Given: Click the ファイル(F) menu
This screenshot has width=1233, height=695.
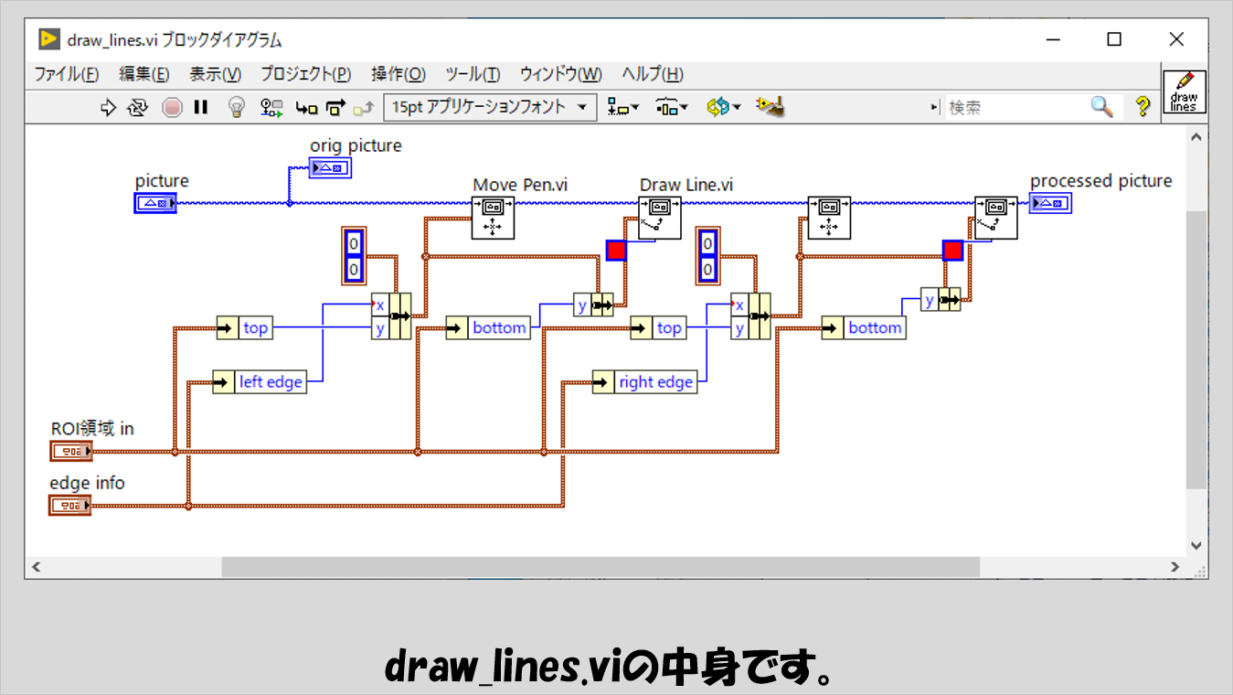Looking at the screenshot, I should point(67,75).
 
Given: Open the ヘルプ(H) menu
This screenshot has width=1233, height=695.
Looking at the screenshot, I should point(652,75).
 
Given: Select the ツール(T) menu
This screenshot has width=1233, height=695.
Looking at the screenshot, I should point(473,75).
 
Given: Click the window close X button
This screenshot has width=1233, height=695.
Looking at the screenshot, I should point(1176,39).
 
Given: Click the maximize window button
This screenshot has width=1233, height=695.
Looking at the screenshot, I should point(1113,39).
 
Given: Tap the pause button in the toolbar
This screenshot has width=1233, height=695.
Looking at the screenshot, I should point(201,107).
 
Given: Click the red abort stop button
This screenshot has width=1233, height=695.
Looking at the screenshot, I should point(173,107).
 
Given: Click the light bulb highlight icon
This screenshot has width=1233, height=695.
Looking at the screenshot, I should point(236,107).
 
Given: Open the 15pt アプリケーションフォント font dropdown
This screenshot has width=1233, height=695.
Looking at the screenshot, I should point(490,107).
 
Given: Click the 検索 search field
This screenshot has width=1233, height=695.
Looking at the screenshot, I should point(1015,107).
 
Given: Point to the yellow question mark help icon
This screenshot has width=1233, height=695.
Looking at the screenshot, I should point(1143,107).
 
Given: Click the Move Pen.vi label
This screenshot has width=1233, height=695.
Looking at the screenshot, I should point(520,185).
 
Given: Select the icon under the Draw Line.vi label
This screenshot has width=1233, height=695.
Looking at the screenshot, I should point(659,218).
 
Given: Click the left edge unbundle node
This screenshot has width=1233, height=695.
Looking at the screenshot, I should point(260,381).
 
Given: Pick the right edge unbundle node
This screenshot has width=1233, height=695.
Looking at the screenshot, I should point(644,381).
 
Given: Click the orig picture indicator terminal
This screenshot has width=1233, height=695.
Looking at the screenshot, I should point(329,167).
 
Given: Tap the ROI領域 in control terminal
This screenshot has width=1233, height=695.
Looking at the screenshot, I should point(71,451).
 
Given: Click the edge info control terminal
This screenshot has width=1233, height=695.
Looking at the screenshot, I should point(71,505).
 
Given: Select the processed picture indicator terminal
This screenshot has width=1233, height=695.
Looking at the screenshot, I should point(1049,203).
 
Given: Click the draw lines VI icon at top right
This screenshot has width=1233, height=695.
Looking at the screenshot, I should point(1184,91).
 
